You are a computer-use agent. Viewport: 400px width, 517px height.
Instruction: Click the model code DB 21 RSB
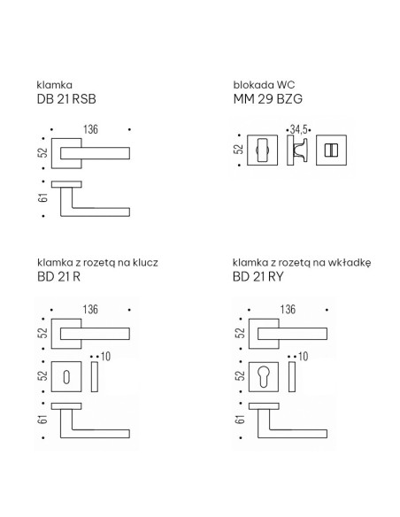click(66, 99)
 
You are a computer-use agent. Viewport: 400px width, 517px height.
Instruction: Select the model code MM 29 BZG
click(267, 99)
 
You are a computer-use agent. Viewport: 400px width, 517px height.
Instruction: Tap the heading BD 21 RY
click(258, 276)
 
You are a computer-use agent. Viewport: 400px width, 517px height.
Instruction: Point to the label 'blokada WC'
click(264, 85)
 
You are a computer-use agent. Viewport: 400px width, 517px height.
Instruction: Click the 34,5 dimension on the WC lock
click(298, 129)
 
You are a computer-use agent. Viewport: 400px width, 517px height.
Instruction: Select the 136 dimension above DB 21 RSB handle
click(90, 129)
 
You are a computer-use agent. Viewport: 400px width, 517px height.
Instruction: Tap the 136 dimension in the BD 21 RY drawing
click(288, 309)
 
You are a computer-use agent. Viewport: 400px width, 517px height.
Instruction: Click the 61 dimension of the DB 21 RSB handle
click(43, 197)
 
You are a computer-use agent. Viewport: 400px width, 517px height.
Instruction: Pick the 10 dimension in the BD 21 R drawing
click(105, 357)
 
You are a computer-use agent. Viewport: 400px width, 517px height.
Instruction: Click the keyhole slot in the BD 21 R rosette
click(66, 377)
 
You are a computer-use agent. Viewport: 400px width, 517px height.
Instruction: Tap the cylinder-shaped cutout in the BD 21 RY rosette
click(264, 376)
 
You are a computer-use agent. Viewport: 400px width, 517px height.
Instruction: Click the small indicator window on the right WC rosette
click(331, 150)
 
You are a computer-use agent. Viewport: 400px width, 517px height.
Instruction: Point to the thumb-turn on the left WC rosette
click(262, 150)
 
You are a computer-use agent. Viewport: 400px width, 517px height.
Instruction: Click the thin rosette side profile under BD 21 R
click(95, 376)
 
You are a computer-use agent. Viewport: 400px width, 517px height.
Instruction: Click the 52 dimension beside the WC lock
click(239, 150)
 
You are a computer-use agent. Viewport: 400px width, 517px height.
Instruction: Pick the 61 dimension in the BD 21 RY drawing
click(241, 420)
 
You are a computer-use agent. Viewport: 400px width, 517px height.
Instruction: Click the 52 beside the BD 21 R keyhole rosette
click(43, 376)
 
